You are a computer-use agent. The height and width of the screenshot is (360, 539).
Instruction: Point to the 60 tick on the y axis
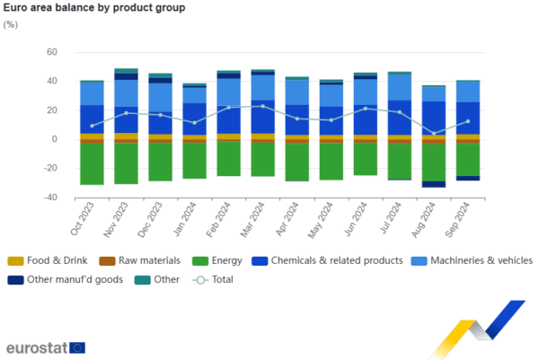[51, 52]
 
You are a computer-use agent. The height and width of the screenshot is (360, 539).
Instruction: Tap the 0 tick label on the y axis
[54, 139]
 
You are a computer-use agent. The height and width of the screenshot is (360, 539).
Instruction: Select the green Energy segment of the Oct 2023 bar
[92, 164]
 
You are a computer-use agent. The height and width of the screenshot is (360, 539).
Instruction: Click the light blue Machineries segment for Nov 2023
[126, 92]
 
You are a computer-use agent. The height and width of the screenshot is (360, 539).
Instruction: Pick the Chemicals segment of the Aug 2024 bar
[435, 117]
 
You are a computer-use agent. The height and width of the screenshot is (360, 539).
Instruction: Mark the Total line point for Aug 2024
[435, 134]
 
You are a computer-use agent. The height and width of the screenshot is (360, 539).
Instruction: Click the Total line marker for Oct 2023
[92, 126]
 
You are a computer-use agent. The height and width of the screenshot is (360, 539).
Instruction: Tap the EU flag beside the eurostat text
[78, 347]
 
